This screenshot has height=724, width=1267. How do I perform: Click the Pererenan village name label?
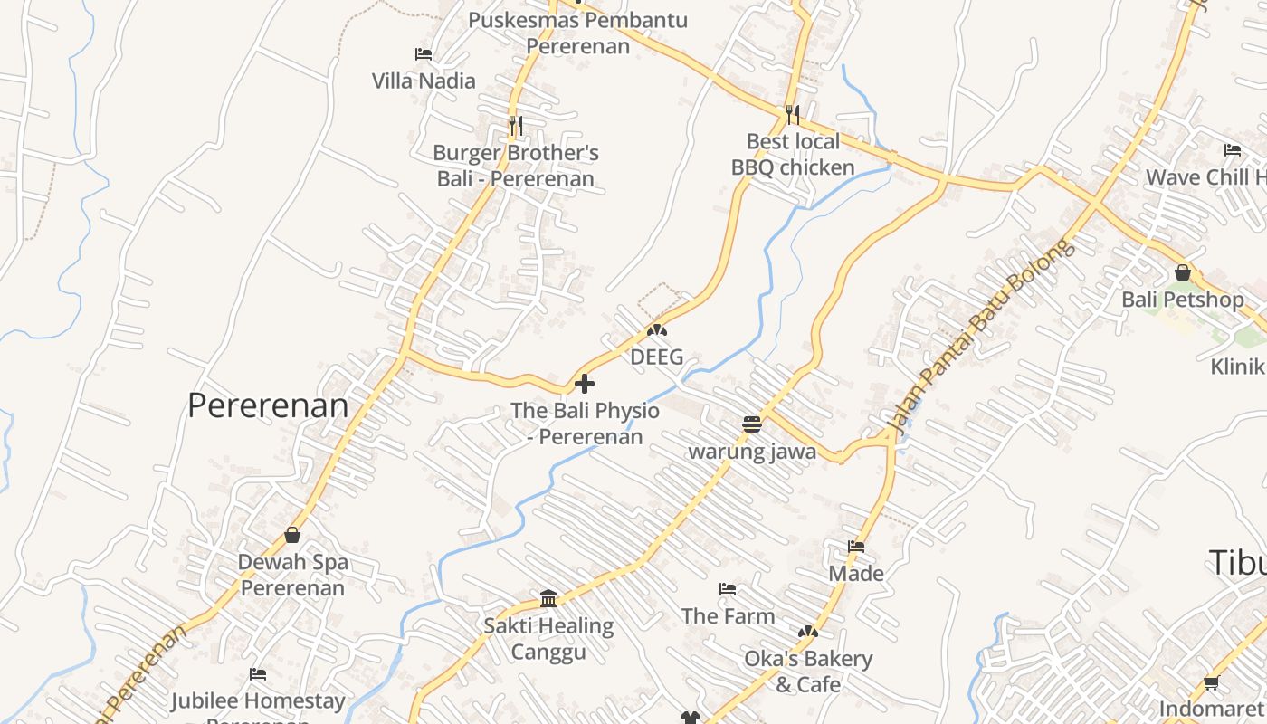point(268,405)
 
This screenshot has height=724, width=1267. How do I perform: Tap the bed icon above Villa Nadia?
point(423,54)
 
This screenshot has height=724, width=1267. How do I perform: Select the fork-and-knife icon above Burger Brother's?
point(515,125)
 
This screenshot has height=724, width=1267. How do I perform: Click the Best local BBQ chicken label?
point(793,155)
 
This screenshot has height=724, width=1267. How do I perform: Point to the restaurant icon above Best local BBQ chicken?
point(792,114)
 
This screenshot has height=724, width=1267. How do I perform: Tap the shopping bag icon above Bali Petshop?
point(1182,271)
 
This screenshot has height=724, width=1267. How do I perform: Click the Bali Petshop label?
point(1182,300)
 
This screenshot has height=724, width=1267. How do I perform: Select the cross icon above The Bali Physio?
point(585,384)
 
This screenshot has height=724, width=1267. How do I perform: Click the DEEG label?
point(657,357)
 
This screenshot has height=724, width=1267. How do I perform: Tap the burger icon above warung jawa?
point(751,424)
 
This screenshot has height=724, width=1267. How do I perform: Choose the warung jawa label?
point(752,452)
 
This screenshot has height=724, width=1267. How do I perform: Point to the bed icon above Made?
point(855,547)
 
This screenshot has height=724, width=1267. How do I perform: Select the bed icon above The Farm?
point(727,589)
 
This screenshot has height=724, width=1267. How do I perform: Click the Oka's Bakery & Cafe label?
point(808,671)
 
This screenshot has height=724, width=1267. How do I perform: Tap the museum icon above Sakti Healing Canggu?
point(548,598)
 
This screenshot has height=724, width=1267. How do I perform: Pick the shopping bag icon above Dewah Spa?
point(291,535)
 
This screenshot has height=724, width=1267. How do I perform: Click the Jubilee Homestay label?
point(258,701)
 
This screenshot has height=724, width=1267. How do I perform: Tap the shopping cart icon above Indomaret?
point(1211,683)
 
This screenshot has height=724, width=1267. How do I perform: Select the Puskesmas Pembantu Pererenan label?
point(577,33)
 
